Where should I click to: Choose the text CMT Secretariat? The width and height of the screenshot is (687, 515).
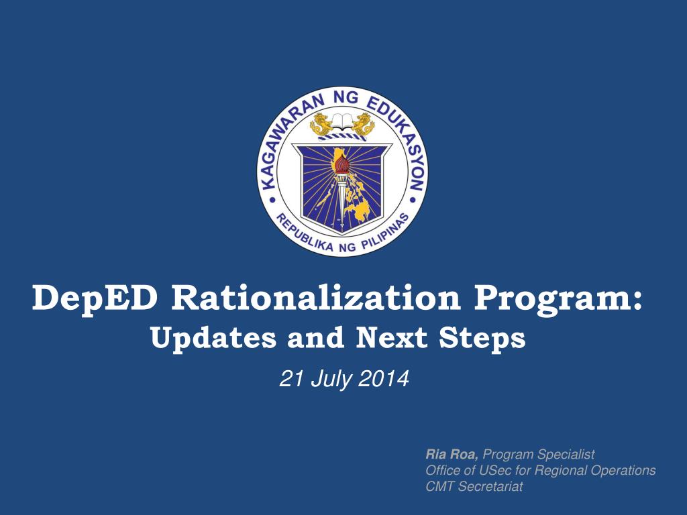[474, 487]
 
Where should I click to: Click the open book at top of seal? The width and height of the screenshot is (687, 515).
[342, 122]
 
